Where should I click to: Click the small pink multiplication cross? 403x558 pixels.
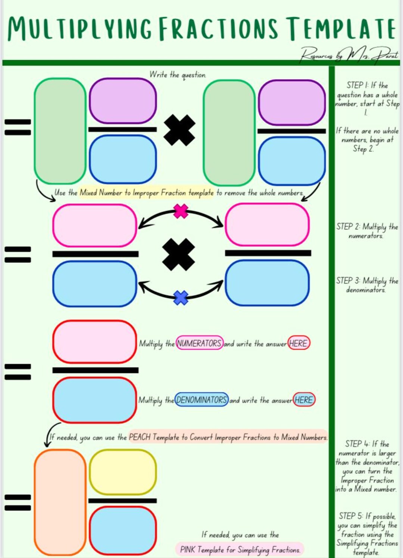[181, 211]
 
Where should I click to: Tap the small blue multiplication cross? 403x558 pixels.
[181, 298]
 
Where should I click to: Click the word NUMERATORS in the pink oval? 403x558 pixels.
[199, 343]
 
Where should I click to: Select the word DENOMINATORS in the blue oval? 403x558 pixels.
[201, 400]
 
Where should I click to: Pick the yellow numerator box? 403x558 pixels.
[122, 472]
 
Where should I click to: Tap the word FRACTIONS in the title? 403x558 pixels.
[218, 29]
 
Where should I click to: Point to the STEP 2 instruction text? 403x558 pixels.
[367, 231]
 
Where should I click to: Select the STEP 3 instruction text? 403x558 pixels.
[367, 285]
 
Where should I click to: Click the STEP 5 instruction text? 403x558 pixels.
[367, 534]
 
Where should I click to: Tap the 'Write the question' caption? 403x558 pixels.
[178, 75]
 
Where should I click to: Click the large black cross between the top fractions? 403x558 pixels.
[179, 130]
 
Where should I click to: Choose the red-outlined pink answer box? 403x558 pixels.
[95, 342]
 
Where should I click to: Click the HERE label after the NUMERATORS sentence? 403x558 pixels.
[299, 343]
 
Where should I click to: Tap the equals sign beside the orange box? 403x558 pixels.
[18, 502]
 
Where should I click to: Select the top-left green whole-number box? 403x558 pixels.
[60, 131]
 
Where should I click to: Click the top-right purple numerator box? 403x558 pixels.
[292, 103]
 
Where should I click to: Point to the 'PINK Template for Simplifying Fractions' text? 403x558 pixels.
[240, 549]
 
